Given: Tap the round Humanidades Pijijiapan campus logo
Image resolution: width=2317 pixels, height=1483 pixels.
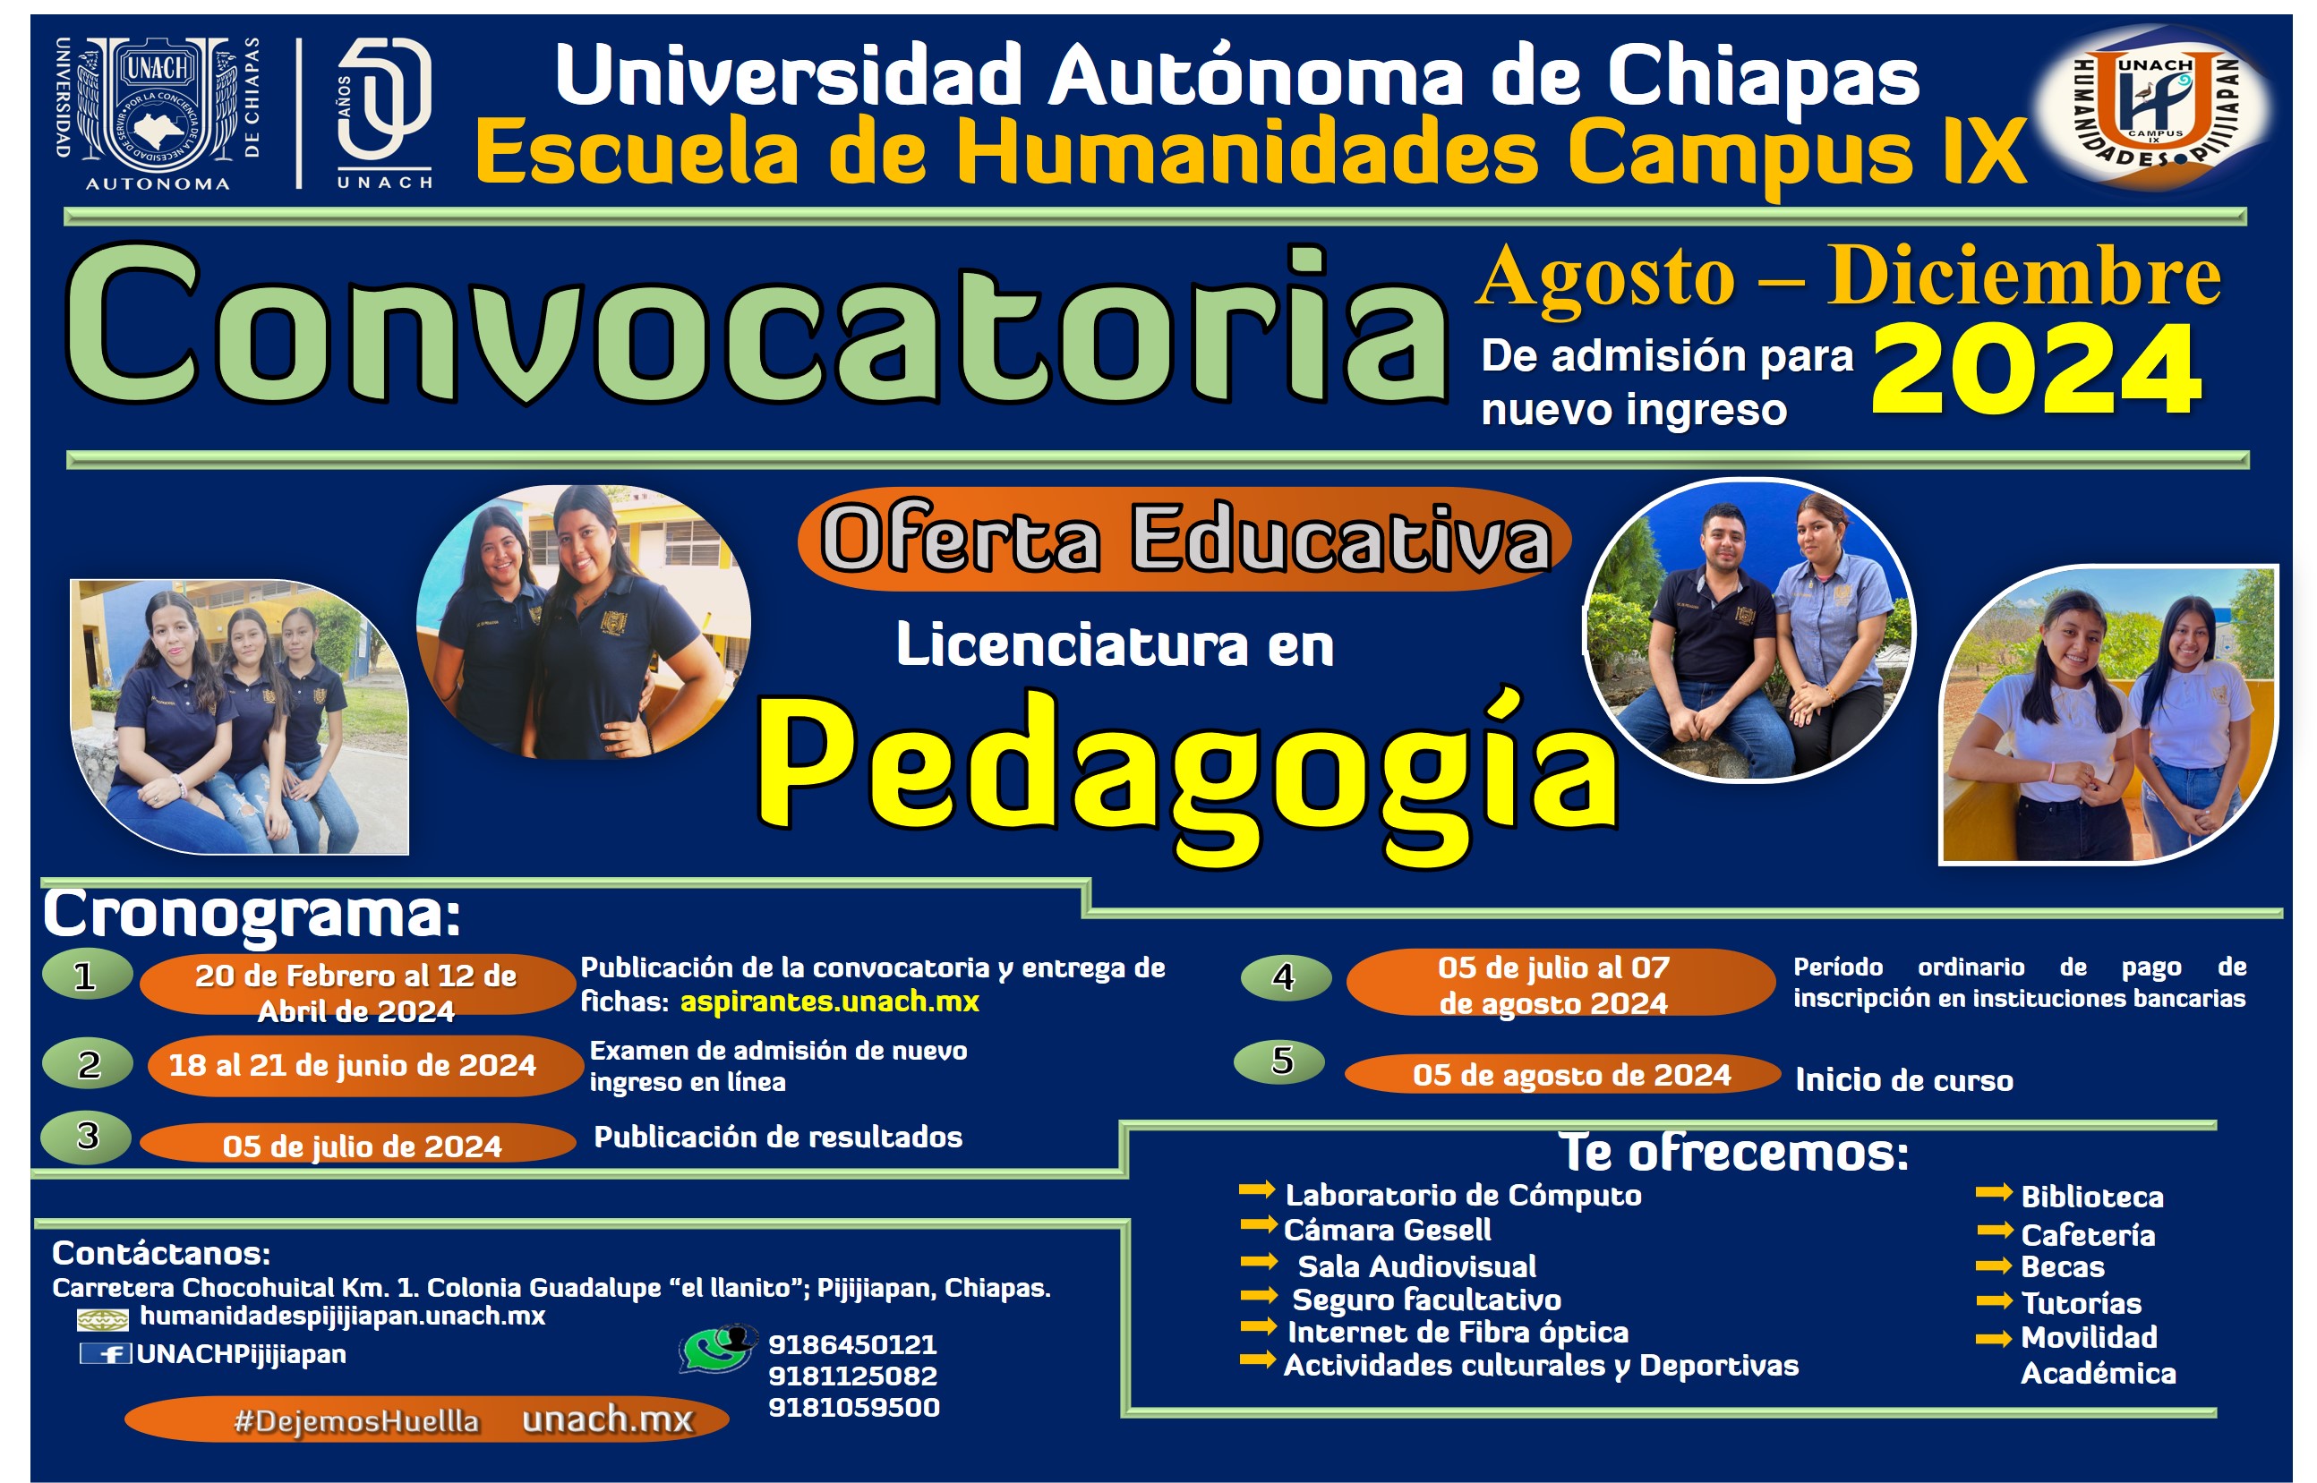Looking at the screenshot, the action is pyautogui.click(x=2154, y=109).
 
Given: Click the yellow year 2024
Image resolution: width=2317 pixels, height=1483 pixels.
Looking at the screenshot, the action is pyautogui.click(x=2037, y=370).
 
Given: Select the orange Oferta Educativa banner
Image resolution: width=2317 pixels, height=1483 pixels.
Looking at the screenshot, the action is pyautogui.click(x=1184, y=538).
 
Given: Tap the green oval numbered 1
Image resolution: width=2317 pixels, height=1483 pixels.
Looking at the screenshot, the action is pyautogui.click(x=87, y=975).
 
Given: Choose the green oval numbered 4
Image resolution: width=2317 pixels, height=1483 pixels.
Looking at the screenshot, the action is pyautogui.click(x=1286, y=976).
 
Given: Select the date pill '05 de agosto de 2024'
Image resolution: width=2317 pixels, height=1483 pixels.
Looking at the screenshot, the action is pyautogui.click(x=1561, y=1075).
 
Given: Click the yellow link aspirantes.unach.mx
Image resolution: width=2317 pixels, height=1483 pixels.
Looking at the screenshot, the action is pyautogui.click(x=829, y=1001).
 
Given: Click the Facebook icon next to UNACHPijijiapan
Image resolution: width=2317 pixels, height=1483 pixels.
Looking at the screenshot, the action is pyautogui.click(x=105, y=1354).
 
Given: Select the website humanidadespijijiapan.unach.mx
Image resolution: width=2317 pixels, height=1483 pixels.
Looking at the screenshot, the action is pyautogui.click(x=343, y=1316).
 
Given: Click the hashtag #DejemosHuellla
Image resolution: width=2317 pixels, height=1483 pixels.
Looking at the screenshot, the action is pyautogui.click(x=356, y=1421).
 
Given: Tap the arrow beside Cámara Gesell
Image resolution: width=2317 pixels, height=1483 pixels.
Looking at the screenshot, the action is pyautogui.click(x=1258, y=1225).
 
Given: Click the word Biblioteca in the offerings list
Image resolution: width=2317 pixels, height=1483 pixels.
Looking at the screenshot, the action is pyautogui.click(x=2091, y=1197).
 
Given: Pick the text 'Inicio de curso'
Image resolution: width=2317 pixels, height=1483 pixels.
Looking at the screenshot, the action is pyautogui.click(x=1904, y=1080).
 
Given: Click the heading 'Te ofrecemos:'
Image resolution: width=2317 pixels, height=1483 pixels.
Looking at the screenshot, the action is pyautogui.click(x=1733, y=1152).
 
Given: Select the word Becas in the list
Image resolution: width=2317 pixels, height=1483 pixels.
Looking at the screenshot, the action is pyautogui.click(x=2062, y=1267).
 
